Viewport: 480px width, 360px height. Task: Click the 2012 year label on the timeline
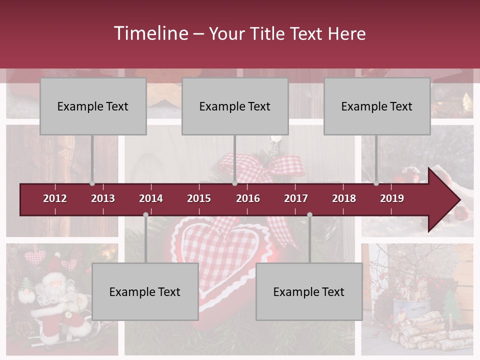(55, 198)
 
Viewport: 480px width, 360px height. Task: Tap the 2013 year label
(103, 198)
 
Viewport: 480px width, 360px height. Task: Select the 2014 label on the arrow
(151, 198)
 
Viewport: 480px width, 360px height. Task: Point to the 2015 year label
(199, 198)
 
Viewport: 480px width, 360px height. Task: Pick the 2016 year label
(248, 198)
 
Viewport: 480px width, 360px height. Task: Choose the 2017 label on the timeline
(296, 198)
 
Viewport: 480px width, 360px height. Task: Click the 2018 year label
(344, 198)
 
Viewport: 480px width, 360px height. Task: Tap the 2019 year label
(392, 198)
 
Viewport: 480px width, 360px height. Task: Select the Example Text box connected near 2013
(93, 106)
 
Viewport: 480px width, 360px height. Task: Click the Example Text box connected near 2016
(235, 106)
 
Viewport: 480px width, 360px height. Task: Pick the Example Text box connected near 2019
(377, 106)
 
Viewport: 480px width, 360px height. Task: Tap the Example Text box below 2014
(145, 291)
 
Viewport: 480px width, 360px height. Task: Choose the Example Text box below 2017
(309, 291)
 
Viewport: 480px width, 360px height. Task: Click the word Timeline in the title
(150, 33)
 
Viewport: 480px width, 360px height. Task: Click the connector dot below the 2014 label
(145, 215)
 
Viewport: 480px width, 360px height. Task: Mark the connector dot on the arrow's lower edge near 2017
(309, 215)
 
